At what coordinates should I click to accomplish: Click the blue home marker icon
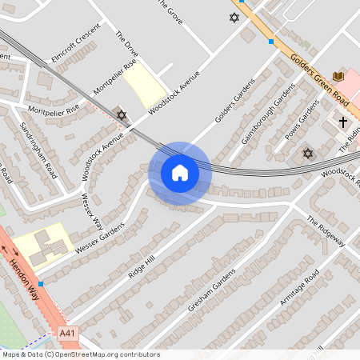point(180,173)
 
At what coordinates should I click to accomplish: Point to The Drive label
point(126,45)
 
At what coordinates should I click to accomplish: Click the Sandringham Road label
point(38,147)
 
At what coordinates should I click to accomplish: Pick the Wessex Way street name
point(92,210)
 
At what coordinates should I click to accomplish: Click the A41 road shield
point(69,333)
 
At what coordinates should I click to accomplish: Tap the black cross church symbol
point(342,122)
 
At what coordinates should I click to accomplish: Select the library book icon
point(337,75)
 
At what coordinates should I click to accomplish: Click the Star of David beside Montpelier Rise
point(122,115)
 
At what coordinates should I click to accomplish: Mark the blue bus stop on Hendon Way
point(40,283)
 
